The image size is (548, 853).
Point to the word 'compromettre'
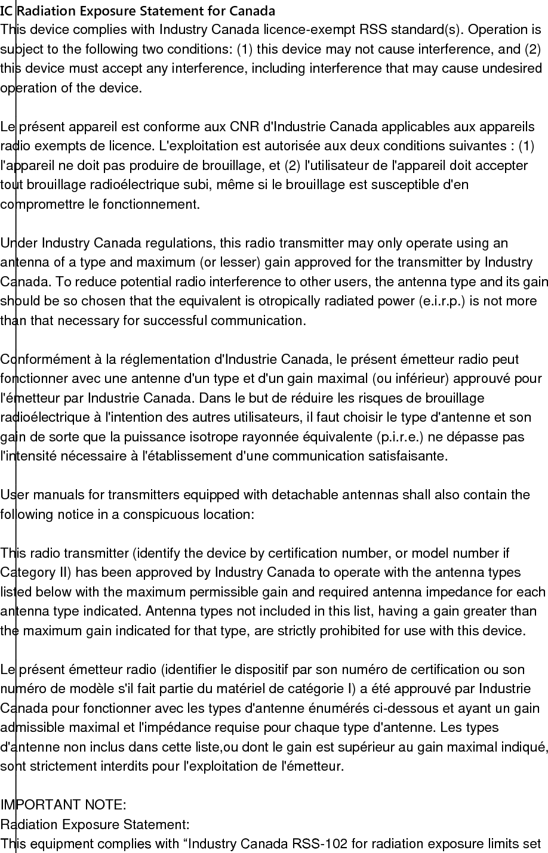[x=39, y=205]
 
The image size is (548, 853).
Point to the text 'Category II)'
[x=36, y=573]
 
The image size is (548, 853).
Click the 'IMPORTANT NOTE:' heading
[x=63, y=805]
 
